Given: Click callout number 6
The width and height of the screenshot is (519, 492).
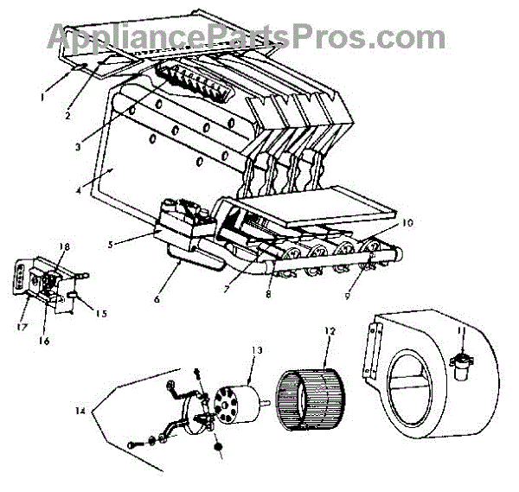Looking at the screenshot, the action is pyautogui.click(x=157, y=299).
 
